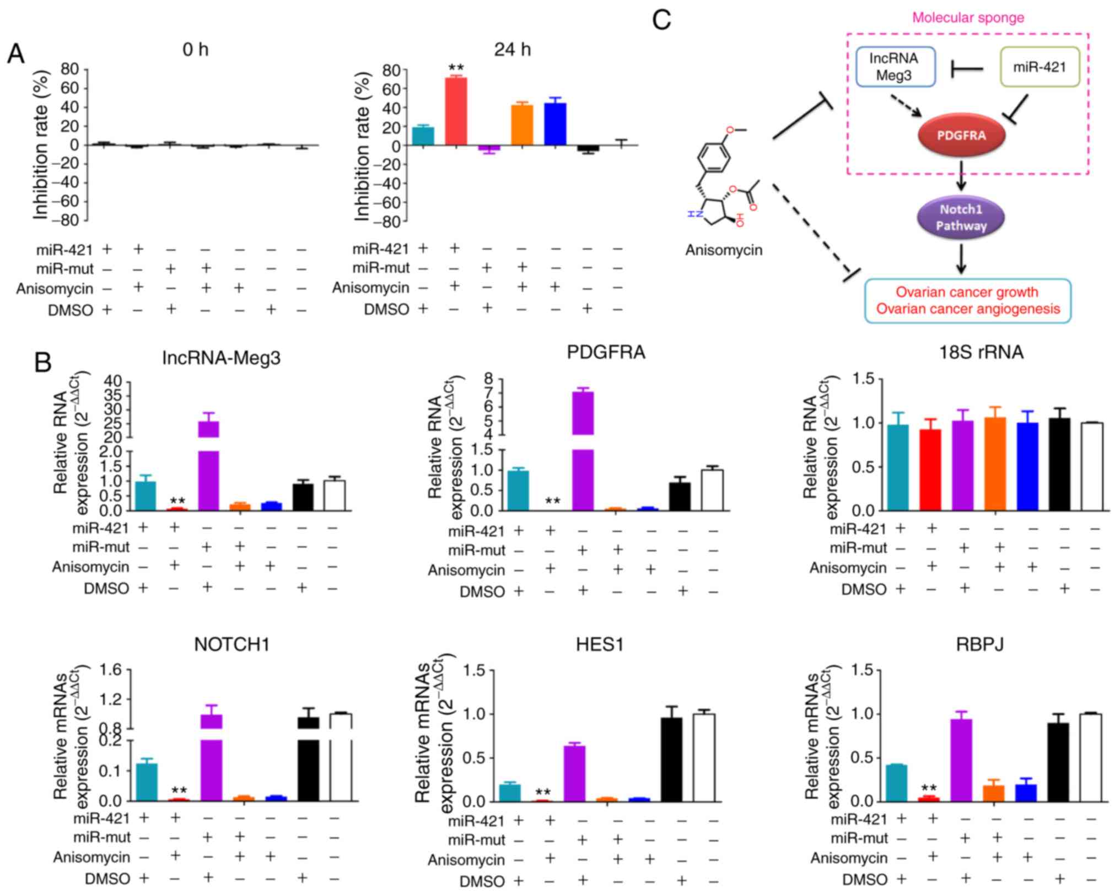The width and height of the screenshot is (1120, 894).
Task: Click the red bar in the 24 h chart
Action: (x=456, y=111)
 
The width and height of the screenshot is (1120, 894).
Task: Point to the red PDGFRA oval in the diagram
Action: (x=961, y=136)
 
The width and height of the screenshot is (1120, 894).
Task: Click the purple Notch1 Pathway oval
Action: (x=961, y=217)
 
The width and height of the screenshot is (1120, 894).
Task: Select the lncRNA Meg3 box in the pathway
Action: (x=895, y=67)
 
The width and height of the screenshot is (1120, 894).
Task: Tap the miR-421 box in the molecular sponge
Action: (x=1039, y=67)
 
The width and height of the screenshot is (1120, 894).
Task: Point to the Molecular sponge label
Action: (x=968, y=18)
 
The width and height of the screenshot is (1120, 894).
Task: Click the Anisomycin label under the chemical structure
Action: (x=724, y=250)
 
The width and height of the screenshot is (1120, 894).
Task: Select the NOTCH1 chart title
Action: (x=231, y=644)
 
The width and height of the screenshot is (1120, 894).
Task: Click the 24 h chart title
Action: (x=512, y=50)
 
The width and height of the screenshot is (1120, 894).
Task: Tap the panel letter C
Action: (x=661, y=20)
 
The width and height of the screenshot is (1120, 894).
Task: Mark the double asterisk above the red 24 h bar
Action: (x=456, y=68)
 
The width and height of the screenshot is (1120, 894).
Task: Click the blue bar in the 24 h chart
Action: (x=555, y=124)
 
